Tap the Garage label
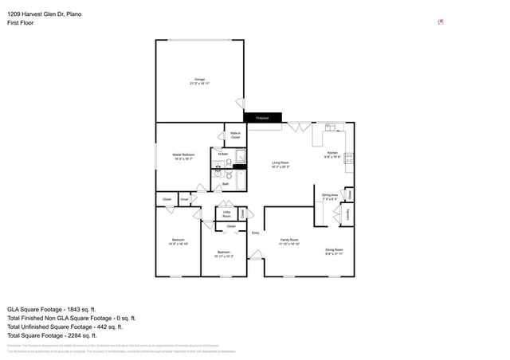point(199,80)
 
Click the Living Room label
point(280,164)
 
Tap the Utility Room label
point(226,213)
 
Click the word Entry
point(256,233)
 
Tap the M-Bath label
point(224,154)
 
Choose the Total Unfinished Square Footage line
point(64,327)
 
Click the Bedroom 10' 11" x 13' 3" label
point(224,254)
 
